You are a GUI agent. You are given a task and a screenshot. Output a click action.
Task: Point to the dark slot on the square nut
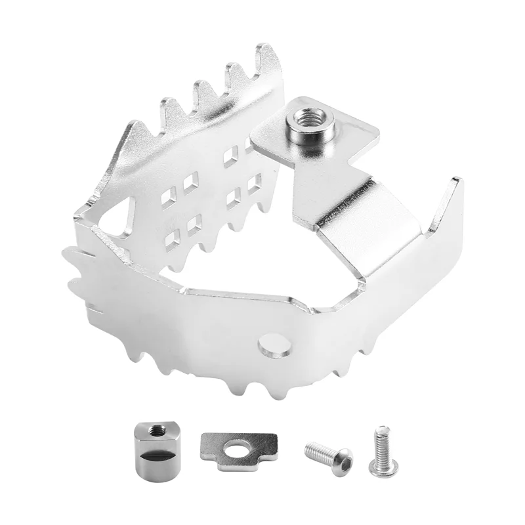point(156,455)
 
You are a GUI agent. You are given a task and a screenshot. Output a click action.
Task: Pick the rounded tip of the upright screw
point(381,430)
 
